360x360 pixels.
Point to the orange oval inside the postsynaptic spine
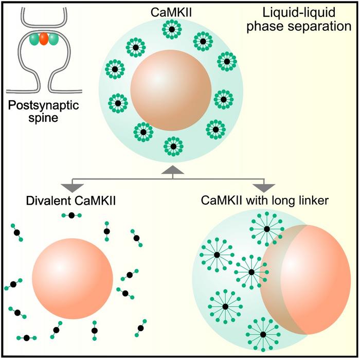pos(44,40)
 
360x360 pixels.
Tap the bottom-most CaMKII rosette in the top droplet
pos(173,147)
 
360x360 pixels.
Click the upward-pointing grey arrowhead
pos(173,170)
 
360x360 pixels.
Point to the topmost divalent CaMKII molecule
pos(71,215)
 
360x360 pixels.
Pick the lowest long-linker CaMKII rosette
pos(263,334)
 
